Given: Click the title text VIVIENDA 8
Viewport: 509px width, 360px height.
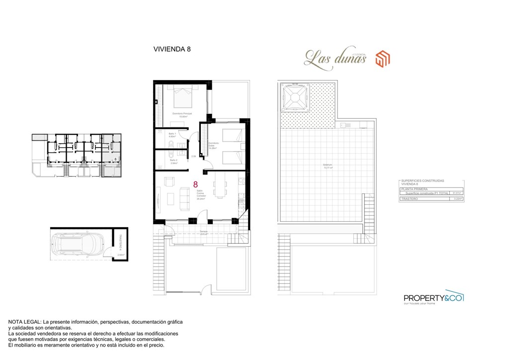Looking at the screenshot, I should (171, 49).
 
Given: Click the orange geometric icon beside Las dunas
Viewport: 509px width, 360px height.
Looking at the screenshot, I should (382, 58).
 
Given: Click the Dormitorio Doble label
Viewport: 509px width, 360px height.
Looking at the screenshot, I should (213, 145).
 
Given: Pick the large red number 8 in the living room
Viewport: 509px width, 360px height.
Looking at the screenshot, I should (196, 185).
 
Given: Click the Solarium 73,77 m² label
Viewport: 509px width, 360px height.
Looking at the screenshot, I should (327, 167).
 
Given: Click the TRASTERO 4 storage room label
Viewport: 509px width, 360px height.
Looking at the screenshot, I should (120, 243).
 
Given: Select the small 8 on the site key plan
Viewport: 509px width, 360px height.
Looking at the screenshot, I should (115, 159).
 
